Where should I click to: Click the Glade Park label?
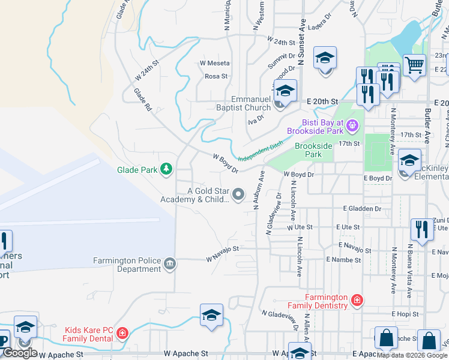[136, 170]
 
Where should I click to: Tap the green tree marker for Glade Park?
[167, 170]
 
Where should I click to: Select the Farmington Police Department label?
[127, 265]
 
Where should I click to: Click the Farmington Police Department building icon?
[170, 263]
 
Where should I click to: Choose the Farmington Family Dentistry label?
[326, 301]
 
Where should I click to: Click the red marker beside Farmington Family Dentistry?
[357, 299]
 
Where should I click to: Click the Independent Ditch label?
[261, 152]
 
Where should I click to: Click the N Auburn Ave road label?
[259, 190]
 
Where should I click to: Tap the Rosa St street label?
[216, 76]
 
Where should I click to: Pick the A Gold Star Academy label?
[208, 195]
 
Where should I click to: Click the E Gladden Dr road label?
[362, 208]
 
